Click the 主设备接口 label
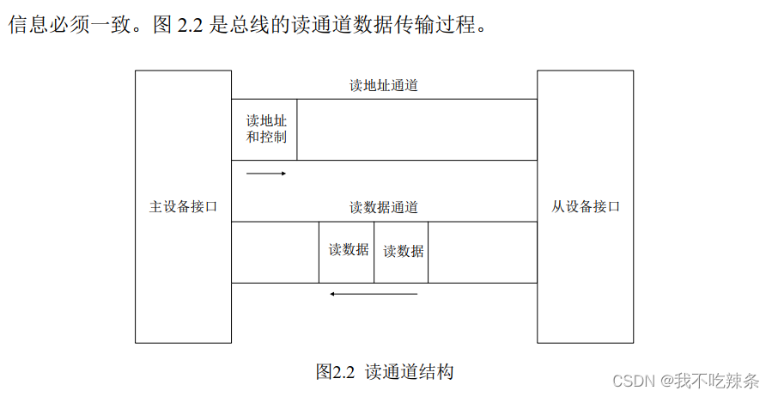183,207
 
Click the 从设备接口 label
586,207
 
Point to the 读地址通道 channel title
384,85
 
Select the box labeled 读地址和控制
264,129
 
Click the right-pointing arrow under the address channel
265,174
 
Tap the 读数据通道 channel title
384,207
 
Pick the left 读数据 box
347,251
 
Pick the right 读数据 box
402,251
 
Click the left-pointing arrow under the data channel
374,295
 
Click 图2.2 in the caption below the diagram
335,372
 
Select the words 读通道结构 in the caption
409,372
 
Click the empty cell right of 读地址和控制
417,129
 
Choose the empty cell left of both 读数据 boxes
276,252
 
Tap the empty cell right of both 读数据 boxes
483,252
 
